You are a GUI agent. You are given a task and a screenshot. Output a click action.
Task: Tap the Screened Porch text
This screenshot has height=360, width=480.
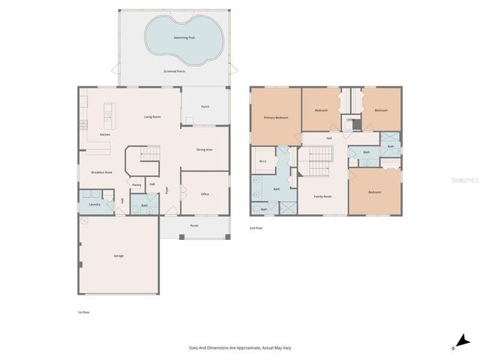click(174, 71)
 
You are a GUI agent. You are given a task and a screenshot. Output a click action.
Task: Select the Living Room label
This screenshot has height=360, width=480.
click(153, 117)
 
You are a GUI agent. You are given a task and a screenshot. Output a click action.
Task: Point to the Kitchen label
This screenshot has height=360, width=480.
click(105, 135)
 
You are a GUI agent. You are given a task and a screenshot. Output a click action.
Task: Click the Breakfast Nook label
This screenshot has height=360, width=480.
click(101, 172)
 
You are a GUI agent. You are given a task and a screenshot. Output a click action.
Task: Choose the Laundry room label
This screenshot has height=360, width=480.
click(94, 204)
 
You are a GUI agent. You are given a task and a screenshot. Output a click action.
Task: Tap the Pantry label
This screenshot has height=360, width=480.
click(136, 184)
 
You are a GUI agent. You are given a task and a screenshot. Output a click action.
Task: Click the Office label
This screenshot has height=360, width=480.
click(204, 193)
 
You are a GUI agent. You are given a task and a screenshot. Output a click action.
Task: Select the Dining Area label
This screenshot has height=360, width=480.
click(205, 150)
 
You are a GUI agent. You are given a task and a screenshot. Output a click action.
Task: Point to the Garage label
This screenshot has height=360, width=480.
click(118, 256)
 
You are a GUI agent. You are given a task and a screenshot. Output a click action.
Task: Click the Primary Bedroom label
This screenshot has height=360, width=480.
click(275, 118)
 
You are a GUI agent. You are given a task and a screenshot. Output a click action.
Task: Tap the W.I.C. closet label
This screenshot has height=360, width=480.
click(263, 160)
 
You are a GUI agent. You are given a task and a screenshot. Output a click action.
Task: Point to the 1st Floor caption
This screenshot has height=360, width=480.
click(83, 312)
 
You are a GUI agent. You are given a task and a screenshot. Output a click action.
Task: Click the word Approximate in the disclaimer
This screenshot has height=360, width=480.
click(243, 348)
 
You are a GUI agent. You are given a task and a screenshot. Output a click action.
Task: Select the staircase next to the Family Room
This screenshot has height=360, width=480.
click(319, 157)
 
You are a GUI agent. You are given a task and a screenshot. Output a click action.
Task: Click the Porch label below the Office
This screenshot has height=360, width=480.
click(194, 225)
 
